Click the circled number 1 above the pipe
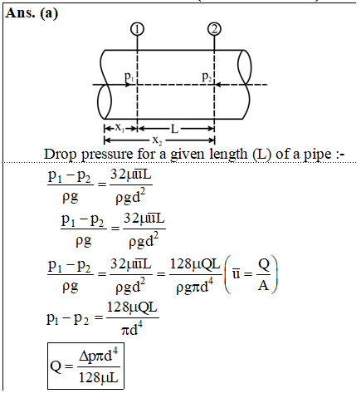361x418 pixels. pos(137,29)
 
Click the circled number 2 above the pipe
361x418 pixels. pos(214,29)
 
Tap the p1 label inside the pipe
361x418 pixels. pos(129,76)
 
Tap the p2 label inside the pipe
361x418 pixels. pos(207,76)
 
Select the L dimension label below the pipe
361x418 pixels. pos(174,129)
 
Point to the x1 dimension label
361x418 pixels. pos(120,128)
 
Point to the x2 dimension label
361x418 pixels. pos(157,140)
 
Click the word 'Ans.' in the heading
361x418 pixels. pos(20,12)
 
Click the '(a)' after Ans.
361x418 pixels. pos(49,13)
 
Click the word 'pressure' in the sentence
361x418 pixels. pos(107,155)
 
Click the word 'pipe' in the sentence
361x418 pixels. pos(317,155)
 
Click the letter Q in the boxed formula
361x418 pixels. pos(56,366)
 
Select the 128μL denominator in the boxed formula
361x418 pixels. pos(99,377)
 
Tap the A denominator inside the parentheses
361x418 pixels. pos(264,285)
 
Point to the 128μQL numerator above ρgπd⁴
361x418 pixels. pos(195,264)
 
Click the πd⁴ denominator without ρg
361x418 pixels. pos(132,328)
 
